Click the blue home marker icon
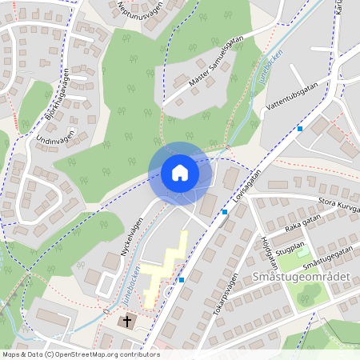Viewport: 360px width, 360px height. (x=180, y=173)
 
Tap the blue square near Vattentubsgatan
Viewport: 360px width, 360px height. (x=300, y=128)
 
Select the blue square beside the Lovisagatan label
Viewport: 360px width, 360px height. (x=225, y=212)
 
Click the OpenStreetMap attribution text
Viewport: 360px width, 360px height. (x=80, y=354)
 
